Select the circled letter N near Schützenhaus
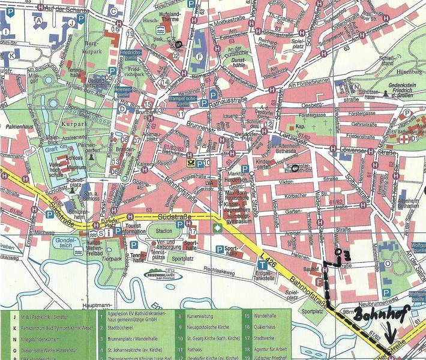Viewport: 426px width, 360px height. point(356,86)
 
